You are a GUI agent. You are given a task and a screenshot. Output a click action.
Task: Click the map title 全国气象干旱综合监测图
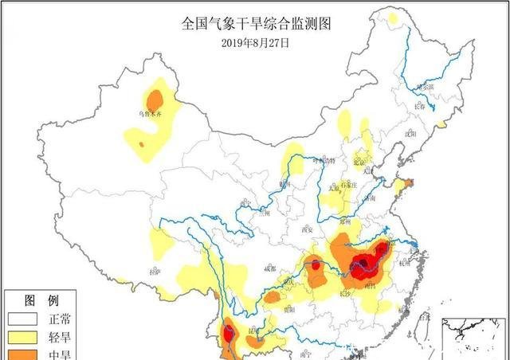pos(256,24)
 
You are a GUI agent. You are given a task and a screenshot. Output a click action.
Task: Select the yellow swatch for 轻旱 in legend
pos(22,337)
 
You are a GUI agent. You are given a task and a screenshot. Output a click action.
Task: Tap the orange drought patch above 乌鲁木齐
pos(155,99)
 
